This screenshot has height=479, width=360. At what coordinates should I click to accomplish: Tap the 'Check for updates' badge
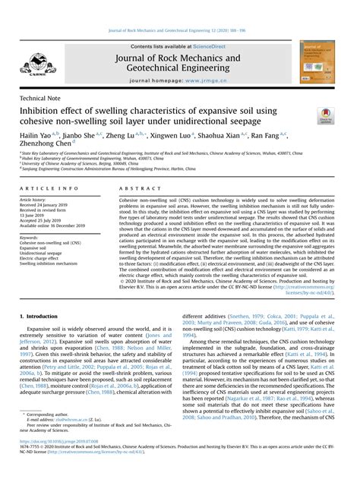[x=326, y=116]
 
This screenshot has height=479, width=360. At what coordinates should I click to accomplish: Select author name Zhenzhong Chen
[x=46, y=144]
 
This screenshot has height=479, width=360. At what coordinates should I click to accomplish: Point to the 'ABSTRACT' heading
[x=136, y=188]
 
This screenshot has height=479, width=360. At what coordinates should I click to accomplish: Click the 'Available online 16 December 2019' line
[x=52, y=226]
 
